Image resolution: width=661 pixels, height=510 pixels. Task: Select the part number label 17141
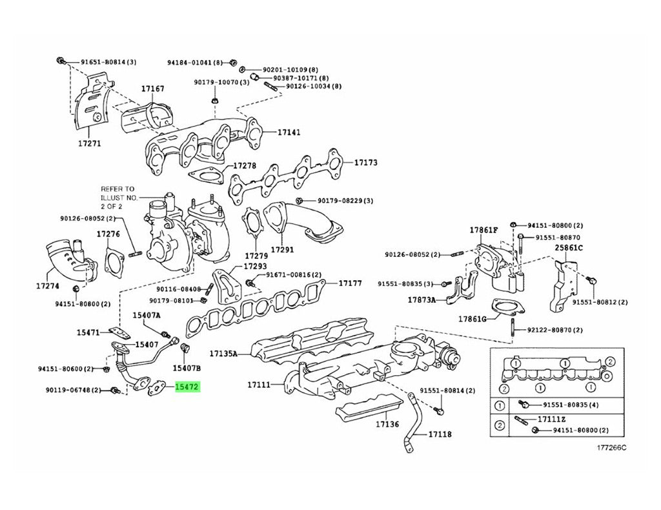point(289,132)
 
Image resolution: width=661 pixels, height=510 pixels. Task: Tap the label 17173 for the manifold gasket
point(365,163)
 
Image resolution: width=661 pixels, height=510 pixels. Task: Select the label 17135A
point(223,354)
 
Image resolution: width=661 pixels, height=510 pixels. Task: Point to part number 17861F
point(483,230)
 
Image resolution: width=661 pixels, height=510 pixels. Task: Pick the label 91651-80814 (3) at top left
point(108,62)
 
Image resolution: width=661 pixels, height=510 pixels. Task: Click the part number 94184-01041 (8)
point(194,63)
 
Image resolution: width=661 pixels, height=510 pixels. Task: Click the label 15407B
point(187,368)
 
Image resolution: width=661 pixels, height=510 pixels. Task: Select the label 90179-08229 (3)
point(345,201)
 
